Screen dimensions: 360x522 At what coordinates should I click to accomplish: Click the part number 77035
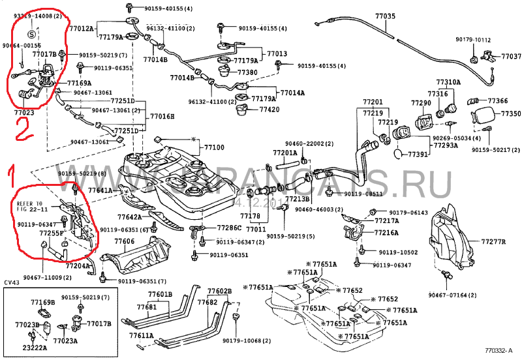pos(386,15)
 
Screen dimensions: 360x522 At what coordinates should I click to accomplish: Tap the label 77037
pos(511,57)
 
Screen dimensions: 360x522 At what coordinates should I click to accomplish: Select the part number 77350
pos(510,113)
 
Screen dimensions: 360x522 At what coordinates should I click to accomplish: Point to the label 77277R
pos(494,241)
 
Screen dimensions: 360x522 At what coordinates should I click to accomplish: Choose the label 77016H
pos(162,116)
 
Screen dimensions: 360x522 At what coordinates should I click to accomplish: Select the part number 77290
pos(421,103)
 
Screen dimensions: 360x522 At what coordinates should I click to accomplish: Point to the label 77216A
pos(387,232)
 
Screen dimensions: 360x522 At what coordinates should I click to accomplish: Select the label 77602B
pos(219,291)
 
